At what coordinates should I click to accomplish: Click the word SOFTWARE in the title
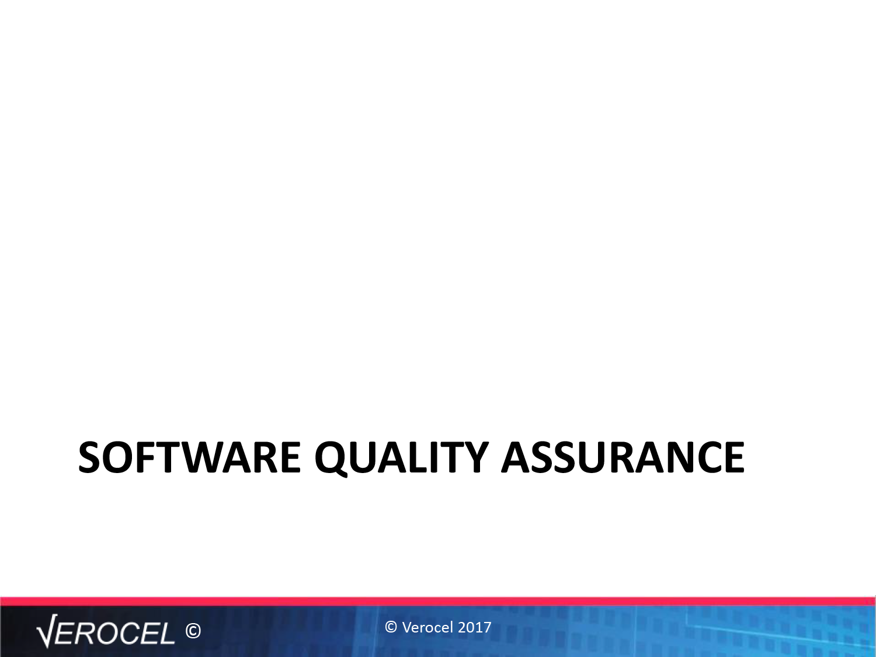(x=189, y=457)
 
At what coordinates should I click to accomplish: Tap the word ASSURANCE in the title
(x=623, y=457)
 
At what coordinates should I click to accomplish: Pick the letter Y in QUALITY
(x=473, y=457)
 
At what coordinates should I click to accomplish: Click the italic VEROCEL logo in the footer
(x=106, y=631)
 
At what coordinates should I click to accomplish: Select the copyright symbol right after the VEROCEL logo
(x=193, y=631)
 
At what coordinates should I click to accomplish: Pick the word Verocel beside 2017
(x=428, y=627)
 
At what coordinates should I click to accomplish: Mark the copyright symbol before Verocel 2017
(x=391, y=627)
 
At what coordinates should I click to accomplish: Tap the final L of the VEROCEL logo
(x=167, y=632)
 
